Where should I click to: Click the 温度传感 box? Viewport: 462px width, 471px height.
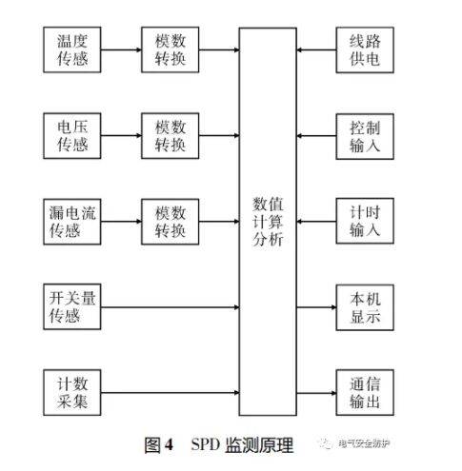pyautogui.click(x=72, y=49)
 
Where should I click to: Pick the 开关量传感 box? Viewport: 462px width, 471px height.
pyautogui.click(x=72, y=305)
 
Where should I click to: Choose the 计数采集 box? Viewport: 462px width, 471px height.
pyautogui.click(x=72, y=391)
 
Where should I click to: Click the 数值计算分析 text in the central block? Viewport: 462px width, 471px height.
pyautogui.click(x=269, y=221)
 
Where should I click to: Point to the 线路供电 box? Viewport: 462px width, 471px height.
pyautogui.click(x=360, y=49)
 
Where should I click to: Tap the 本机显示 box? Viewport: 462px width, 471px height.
pyautogui.click(x=360, y=305)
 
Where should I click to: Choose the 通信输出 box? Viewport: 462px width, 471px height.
pyautogui.click(x=360, y=391)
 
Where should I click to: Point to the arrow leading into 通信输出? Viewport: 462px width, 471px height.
pyautogui.click(x=315, y=391)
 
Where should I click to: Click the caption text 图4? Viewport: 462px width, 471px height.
pyautogui.click(x=157, y=444)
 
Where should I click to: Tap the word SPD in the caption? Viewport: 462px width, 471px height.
pyautogui.click(x=205, y=444)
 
